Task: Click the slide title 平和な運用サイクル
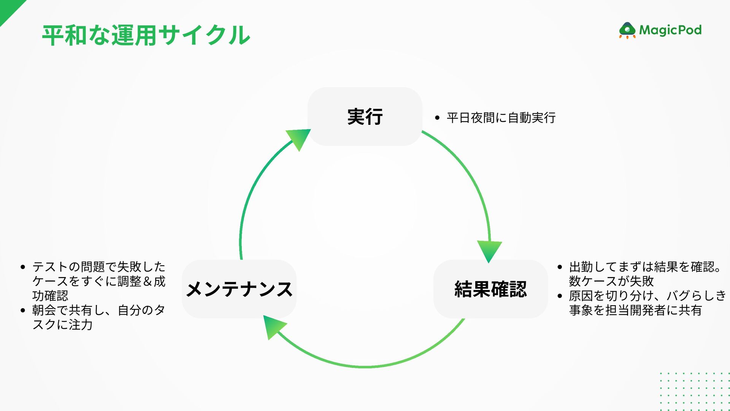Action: pyautogui.click(x=146, y=35)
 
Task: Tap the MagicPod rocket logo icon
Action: pyautogui.click(x=627, y=30)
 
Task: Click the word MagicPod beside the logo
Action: pyautogui.click(x=670, y=30)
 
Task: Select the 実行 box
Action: pyautogui.click(x=365, y=116)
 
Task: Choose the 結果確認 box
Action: pyautogui.click(x=490, y=289)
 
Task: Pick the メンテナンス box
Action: pyautogui.click(x=239, y=289)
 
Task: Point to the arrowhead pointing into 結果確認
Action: pyautogui.click(x=489, y=251)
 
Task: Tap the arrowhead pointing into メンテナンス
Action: pyautogui.click(x=273, y=327)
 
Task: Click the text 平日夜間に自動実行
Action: pyautogui.click(x=501, y=118)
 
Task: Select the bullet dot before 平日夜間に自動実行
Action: pyautogui.click(x=437, y=118)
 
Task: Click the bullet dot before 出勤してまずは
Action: pyautogui.click(x=560, y=267)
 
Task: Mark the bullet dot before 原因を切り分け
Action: pyautogui.click(x=560, y=296)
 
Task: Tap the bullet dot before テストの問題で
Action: pyautogui.click(x=23, y=267)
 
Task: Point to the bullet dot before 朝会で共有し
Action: pyautogui.click(x=23, y=311)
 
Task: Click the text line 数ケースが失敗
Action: pyautogui.click(x=611, y=281)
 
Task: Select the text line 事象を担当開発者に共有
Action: pyautogui.click(x=635, y=311)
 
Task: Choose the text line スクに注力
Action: pyautogui.click(x=63, y=325)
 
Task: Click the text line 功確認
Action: pyautogui.click(x=50, y=296)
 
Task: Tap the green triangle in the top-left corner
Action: pyautogui.click(x=8, y=8)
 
